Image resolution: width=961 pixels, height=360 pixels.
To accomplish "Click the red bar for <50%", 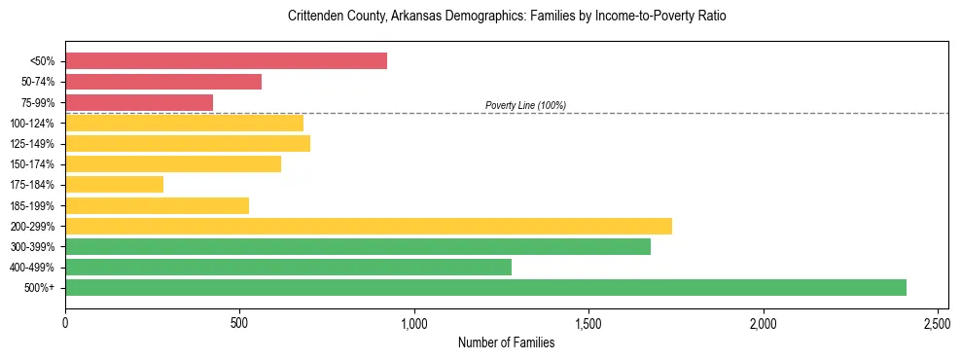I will pyautogui.click(x=226, y=61).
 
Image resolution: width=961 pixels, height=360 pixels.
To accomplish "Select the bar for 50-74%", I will pyautogui.click(x=163, y=82).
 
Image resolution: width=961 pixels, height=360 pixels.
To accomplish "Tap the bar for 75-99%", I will pyautogui.click(x=139, y=102).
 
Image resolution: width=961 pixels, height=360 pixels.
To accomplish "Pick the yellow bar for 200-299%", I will pyautogui.click(x=369, y=226).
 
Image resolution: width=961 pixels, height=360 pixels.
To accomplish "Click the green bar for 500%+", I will pyautogui.click(x=485, y=287).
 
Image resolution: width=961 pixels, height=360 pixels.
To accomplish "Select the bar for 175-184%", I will pyautogui.click(x=114, y=184).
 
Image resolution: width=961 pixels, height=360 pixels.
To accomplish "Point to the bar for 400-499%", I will pyautogui.click(x=288, y=267).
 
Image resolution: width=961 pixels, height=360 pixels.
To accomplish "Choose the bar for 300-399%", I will pyautogui.click(x=358, y=246).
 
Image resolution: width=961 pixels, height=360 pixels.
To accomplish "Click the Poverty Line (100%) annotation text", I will pyautogui.click(x=525, y=105).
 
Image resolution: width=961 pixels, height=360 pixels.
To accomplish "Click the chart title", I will pyautogui.click(x=507, y=17).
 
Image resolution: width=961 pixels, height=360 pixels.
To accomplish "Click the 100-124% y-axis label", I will pyautogui.click(x=32, y=124).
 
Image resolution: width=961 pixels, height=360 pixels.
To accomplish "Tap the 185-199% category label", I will pyautogui.click(x=32, y=205).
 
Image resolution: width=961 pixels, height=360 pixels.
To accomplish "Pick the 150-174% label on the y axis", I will pyautogui.click(x=32, y=164).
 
